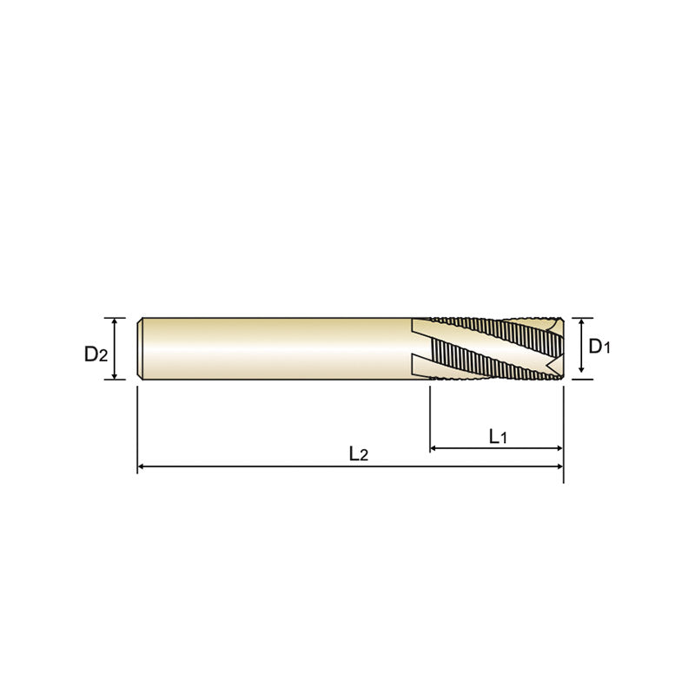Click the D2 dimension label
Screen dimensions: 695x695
[x=96, y=354]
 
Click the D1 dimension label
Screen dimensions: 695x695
[x=599, y=346]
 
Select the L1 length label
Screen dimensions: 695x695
[x=498, y=436]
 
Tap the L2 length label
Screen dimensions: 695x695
[x=359, y=453]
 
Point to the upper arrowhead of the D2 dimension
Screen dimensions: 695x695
[x=115, y=322]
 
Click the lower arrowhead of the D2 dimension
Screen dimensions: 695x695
[x=115, y=375]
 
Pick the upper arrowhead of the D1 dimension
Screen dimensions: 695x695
[x=581, y=322]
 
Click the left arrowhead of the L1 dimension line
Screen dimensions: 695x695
[x=434, y=448]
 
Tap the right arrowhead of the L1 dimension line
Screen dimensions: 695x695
[x=559, y=448]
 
